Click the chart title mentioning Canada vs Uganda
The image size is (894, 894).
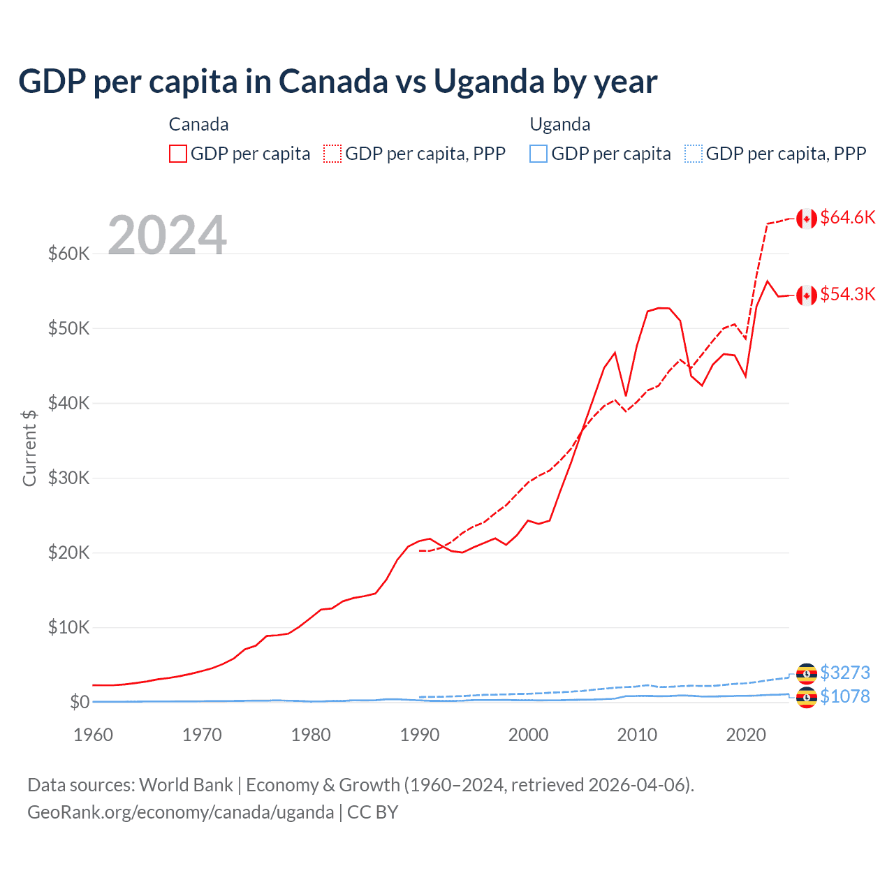(337, 81)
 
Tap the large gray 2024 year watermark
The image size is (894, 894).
(167, 235)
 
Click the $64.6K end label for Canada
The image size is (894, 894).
(847, 217)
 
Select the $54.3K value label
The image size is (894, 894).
(847, 294)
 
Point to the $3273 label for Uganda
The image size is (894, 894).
(844, 673)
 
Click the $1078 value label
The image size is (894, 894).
(844, 696)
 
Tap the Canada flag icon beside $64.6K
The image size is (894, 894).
(807, 219)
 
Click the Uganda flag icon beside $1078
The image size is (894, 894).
(807, 698)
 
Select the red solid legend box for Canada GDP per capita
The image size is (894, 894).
(178, 154)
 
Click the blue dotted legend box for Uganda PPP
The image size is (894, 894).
(694, 154)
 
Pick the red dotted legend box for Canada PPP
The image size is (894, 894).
(333, 154)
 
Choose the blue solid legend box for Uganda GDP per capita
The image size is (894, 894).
(538, 154)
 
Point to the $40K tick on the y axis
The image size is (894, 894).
(68, 403)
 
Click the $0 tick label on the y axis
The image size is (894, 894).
(80, 702)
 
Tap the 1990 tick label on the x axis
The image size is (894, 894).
(420, 735)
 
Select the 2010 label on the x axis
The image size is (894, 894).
(637, 735)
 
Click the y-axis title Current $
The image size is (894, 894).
(29, 448)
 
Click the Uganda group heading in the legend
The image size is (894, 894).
(560, 124)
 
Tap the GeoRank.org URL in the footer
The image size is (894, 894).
(180, 812)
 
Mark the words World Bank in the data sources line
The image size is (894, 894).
(186, 785)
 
